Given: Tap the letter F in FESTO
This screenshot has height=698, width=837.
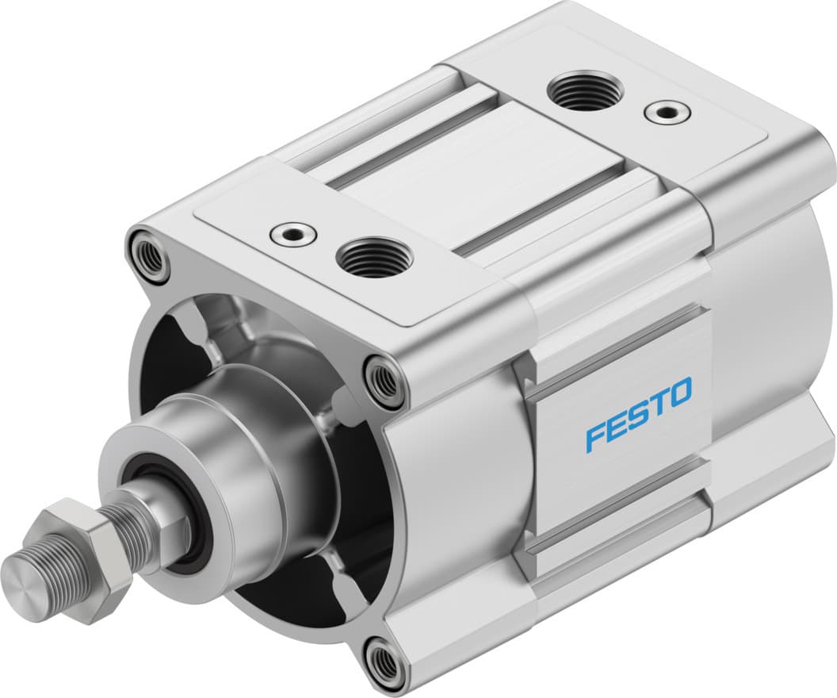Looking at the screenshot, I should coord(596,437).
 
